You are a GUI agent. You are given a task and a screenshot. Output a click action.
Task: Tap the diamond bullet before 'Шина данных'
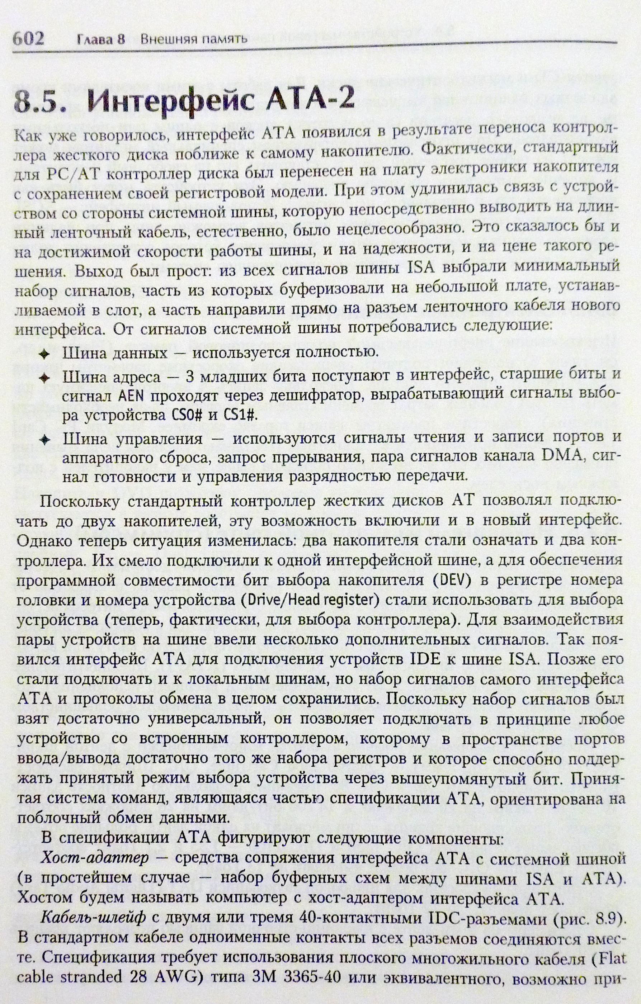pyautogui.click(x=44, y=354)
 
